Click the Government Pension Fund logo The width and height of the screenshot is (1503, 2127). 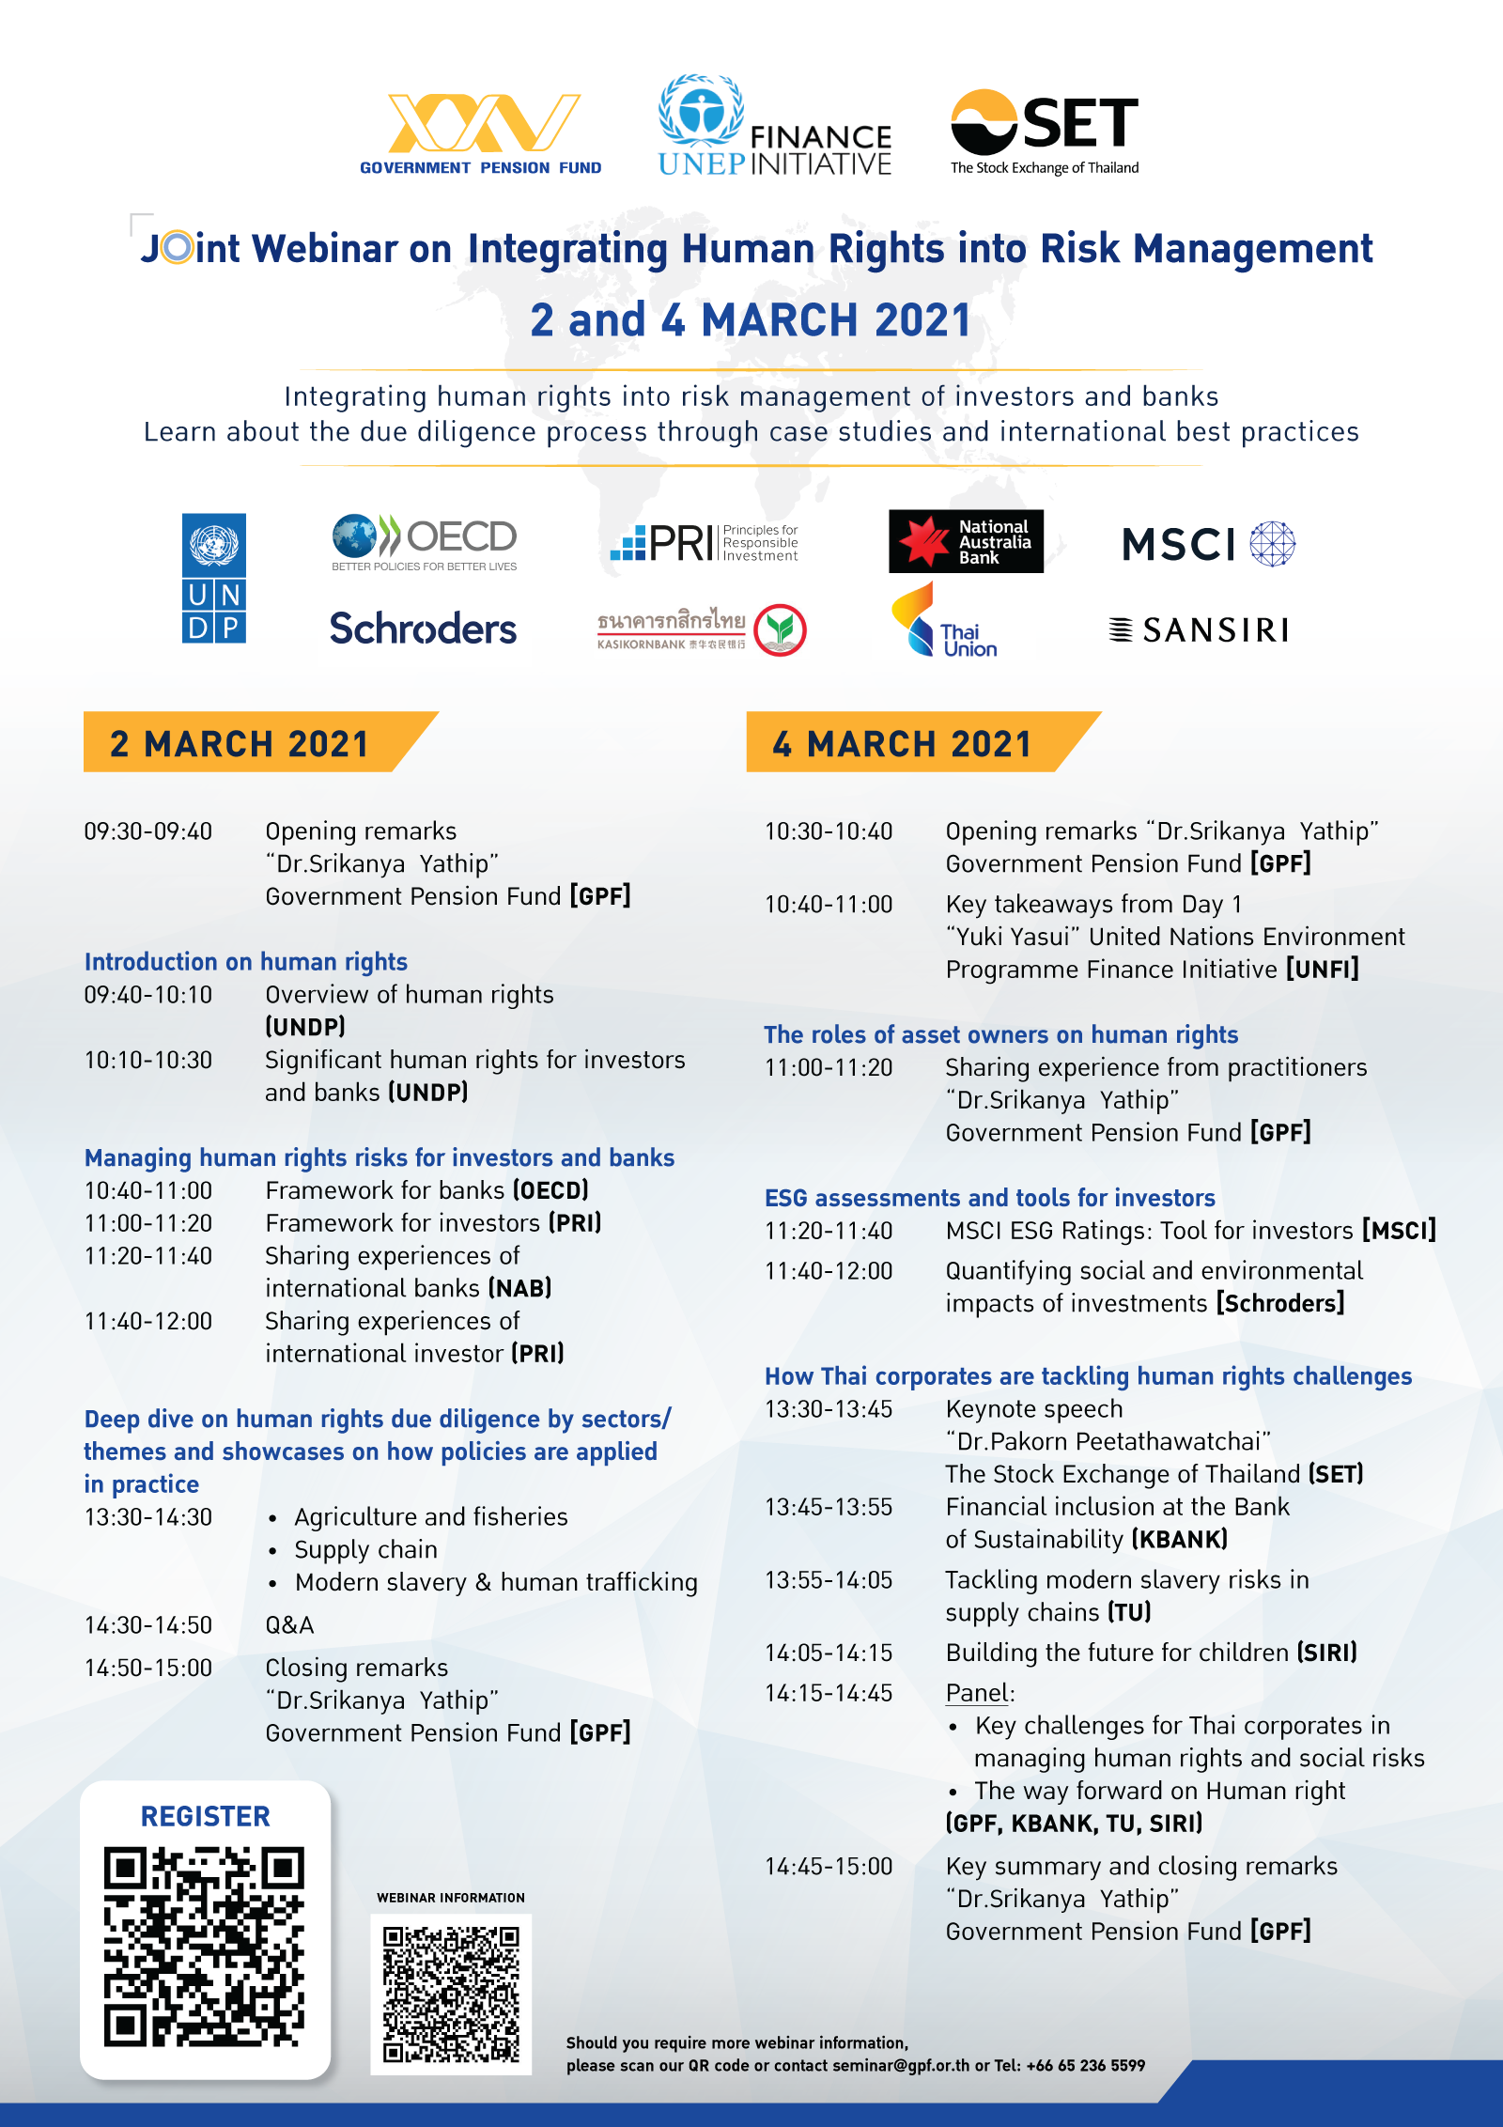tap(481, 133)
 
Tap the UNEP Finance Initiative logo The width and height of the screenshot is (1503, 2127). tap(775, 127)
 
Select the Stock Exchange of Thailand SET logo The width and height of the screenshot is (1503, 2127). tap(1045, 132)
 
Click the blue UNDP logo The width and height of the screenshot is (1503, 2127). tap(214, 578)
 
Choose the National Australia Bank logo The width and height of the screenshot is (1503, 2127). tap(966, 542)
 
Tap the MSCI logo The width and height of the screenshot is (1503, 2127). tap(1208, 544)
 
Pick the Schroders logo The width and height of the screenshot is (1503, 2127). tap(423, 629)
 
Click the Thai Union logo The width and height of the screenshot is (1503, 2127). tap(945, 621)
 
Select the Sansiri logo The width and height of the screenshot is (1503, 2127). tap(1199, 629)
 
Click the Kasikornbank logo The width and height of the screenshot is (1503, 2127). tap(702, 629)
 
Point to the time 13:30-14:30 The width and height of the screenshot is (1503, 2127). tap(148, 1517)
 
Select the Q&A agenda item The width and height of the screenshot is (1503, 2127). tap(289, 1625)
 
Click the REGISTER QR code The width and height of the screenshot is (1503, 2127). tap(205, 1946)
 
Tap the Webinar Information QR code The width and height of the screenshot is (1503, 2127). tap(451, 1994)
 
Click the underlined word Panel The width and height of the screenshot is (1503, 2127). tap(977, 1693)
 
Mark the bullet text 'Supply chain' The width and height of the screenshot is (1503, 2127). tap(365, 1550)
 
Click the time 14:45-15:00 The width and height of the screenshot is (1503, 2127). tap(829, 1867)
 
